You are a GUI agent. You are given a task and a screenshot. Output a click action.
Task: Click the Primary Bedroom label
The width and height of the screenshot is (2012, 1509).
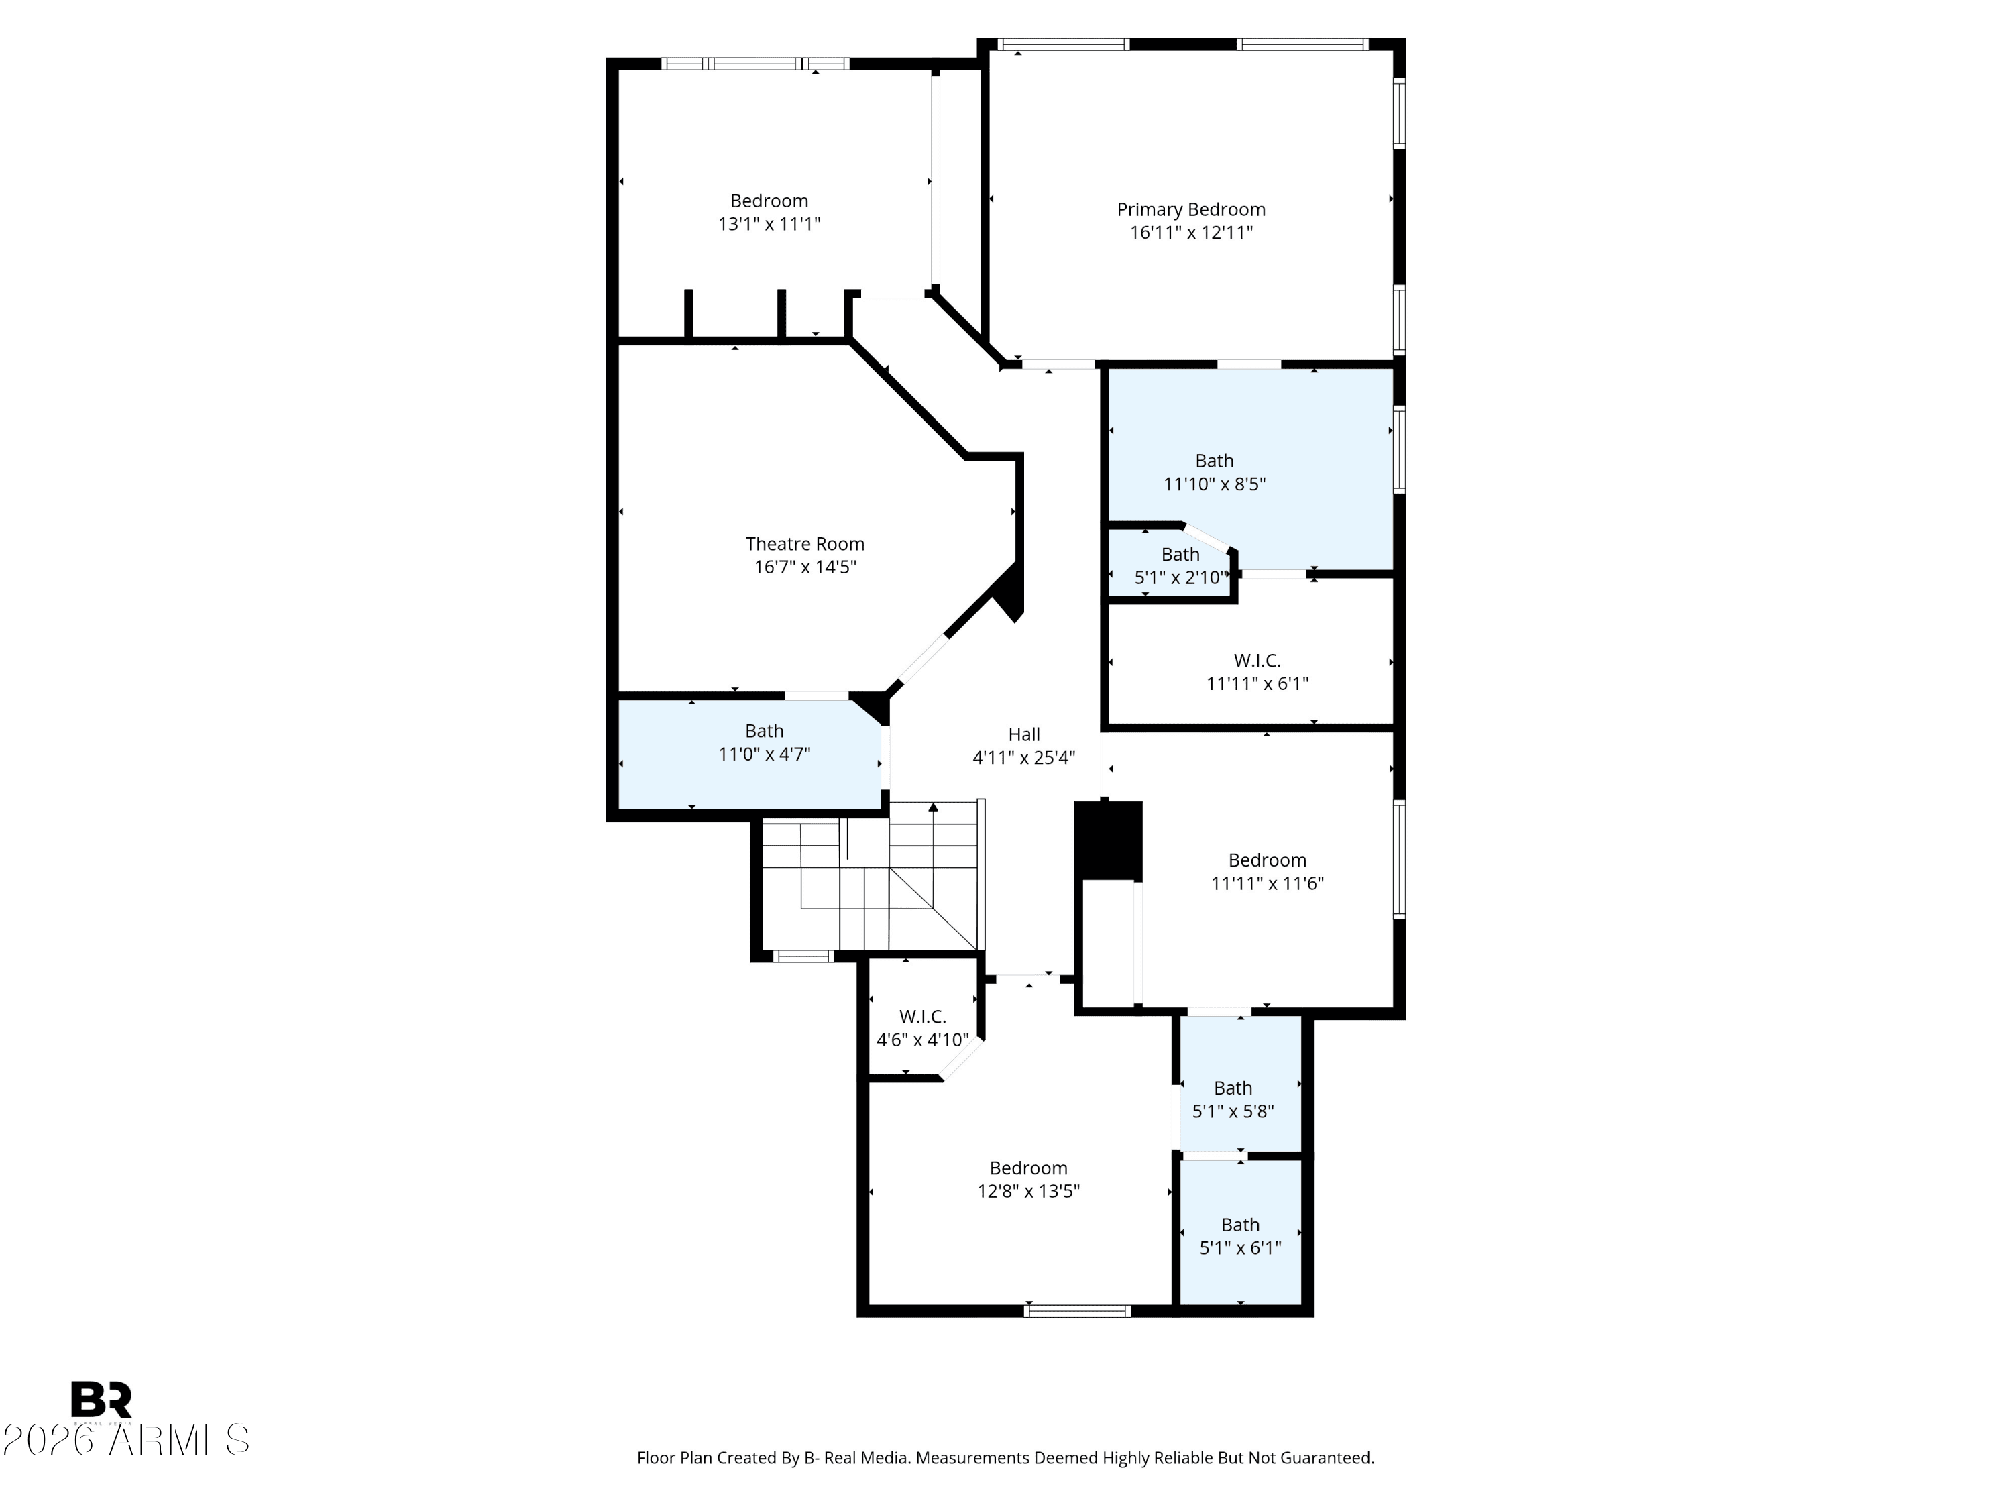(x=1190, y=209)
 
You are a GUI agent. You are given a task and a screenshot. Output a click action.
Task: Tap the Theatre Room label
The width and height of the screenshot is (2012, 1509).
(x=805, y=544)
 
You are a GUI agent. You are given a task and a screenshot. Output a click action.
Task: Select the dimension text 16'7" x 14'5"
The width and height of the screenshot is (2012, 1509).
(x=805, y=567)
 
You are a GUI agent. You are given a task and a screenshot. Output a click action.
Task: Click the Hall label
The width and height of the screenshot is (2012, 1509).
(x=1024, y=734)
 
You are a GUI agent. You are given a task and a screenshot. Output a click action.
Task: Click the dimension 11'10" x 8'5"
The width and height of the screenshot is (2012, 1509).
(x=1215, y=484)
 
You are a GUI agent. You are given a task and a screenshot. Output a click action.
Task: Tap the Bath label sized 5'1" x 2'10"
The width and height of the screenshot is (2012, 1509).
(x=1180, y=554)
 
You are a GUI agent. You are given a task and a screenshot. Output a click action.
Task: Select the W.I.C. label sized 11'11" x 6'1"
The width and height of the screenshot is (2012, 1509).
(x=1257, y=661)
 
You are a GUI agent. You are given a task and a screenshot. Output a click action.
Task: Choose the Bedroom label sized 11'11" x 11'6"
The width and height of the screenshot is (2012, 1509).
(x=1267, y=860)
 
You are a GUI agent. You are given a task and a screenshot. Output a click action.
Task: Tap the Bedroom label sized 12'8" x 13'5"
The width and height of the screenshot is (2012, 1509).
(x=1029, y=1168)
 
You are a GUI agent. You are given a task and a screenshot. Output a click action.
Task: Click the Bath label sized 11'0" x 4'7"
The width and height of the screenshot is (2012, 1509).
(x=764, y=730)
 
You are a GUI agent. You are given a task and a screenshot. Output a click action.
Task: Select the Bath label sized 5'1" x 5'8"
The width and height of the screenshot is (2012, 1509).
(x=1233, y=1088)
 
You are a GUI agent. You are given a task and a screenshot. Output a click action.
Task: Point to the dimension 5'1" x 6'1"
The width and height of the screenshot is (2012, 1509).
(x=1241, y=1249)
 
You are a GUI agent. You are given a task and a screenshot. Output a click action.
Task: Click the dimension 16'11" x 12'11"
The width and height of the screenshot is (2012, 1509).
(x=1190, y=233)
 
